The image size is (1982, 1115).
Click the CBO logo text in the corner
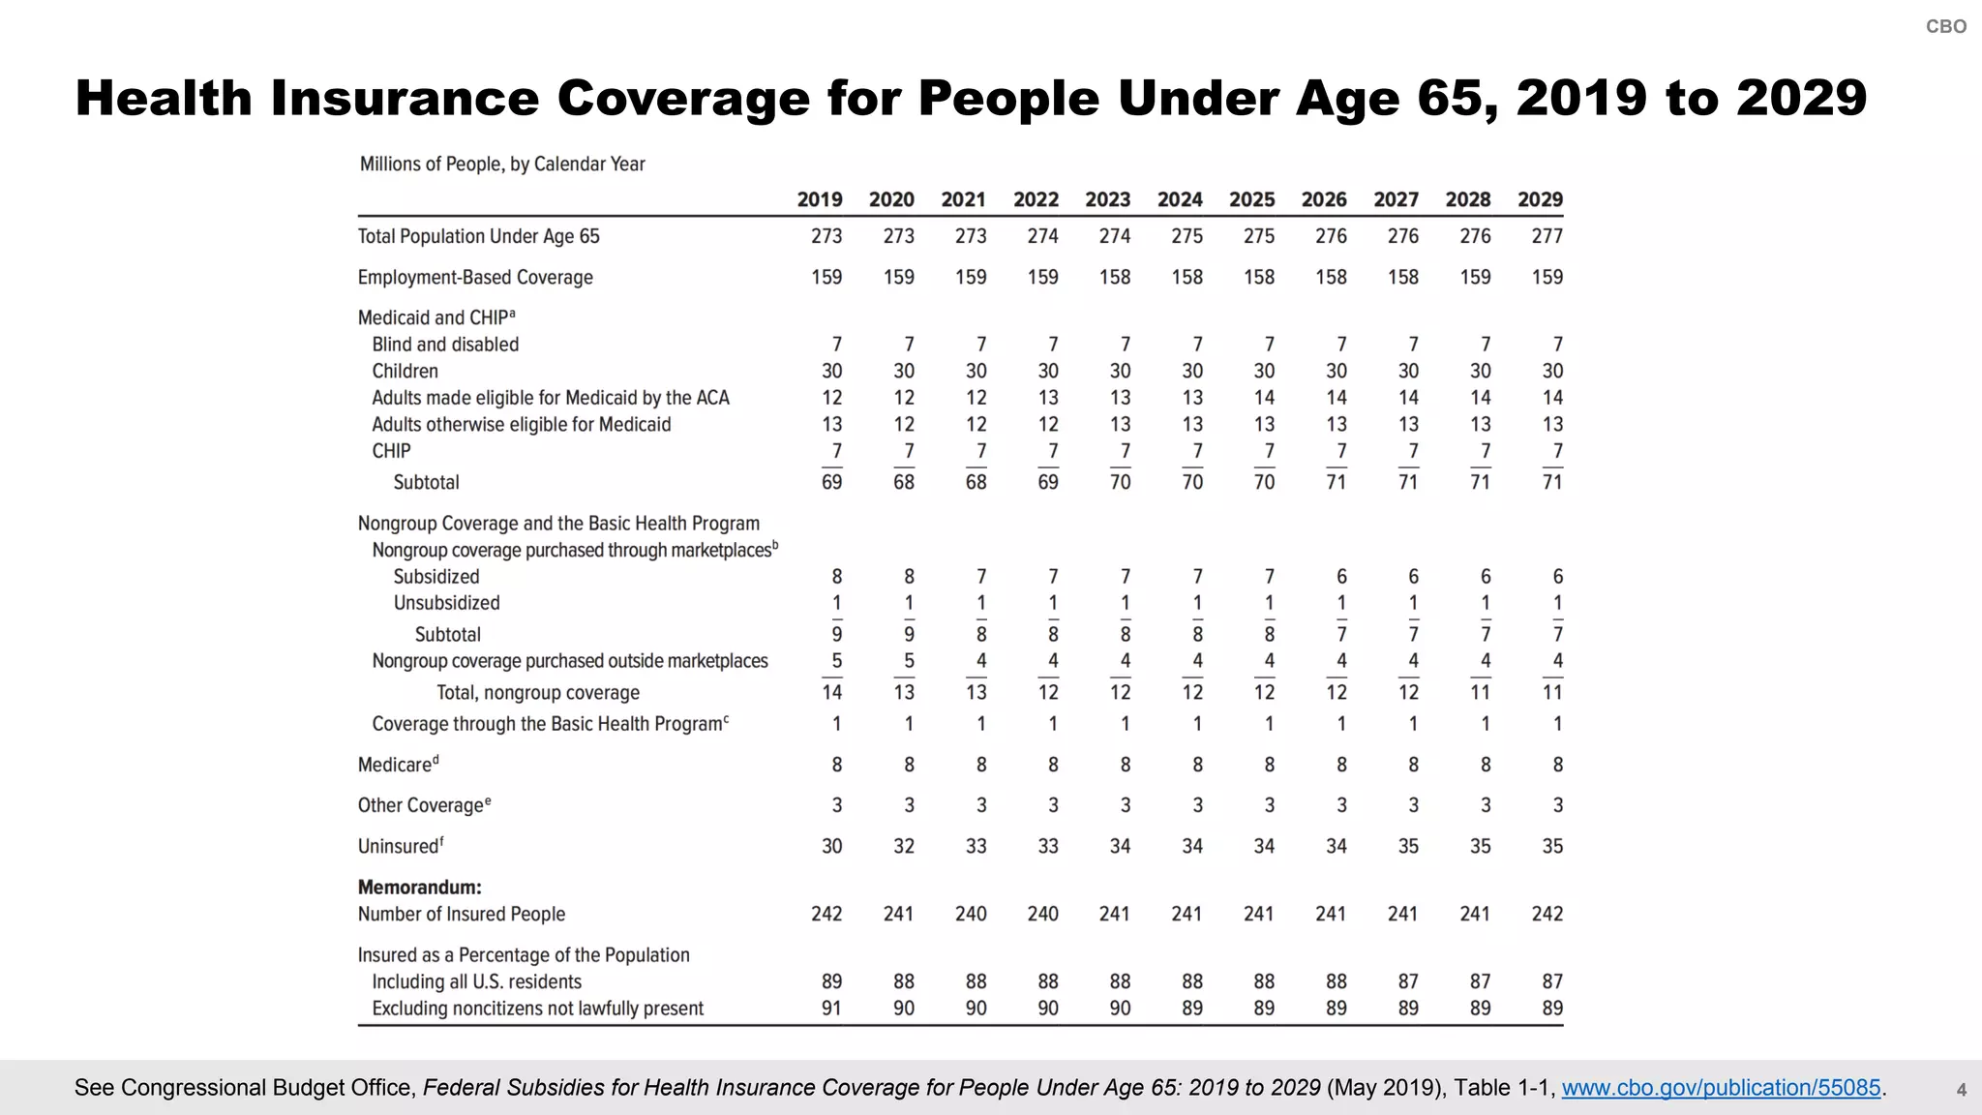tap(1945, 27)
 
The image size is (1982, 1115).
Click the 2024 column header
tap(1180, 200)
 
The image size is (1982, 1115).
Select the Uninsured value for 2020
tap(903, 846)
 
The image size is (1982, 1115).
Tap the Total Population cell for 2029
tap(1547, 236)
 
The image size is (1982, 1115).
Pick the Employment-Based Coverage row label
tap(475, 278)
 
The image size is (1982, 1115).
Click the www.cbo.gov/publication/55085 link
tap(1721, 1088)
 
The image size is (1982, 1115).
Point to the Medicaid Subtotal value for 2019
tap(831, 482)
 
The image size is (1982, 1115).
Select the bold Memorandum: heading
tap(419, 888)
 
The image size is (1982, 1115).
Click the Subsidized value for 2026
tap(1341, 577)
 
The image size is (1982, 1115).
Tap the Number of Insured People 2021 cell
tap(971, 914)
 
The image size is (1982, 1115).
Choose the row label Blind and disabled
tap(445, 345)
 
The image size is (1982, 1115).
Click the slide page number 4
tap(1961, 1091)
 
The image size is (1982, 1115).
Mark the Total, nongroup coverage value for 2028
tap(1480, 692)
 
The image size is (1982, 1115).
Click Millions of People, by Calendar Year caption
tap(502, 165)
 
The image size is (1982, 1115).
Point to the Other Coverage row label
tap(421, 805)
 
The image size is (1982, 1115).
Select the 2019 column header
tap(820, 200)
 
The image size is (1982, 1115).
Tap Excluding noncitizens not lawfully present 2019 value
tap(831, 1009)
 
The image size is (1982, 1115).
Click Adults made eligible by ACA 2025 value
tap(1264, 398)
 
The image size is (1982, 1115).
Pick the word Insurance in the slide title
tap(404, 99)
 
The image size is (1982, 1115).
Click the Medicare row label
tap(395, 765)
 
